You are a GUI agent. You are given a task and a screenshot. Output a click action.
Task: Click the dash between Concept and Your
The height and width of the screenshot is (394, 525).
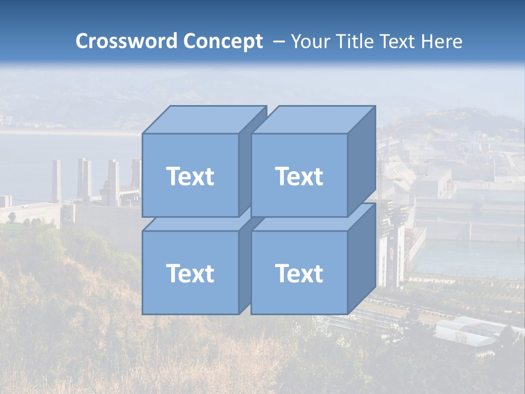point(278,42)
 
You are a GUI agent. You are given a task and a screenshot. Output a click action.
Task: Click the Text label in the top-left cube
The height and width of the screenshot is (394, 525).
point(190,176)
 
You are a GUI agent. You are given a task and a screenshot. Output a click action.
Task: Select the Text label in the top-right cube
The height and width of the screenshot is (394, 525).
point(299,176)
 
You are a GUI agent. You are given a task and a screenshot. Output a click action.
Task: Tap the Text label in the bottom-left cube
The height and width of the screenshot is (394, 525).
point(190,273)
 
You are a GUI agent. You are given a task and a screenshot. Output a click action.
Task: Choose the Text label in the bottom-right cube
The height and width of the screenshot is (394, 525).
point(299,273)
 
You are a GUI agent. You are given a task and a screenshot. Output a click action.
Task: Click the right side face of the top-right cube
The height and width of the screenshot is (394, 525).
point(361,161)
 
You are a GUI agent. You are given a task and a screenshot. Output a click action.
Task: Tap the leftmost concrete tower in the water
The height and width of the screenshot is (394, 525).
point(56,181)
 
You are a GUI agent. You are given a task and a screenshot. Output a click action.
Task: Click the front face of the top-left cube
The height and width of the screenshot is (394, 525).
point(190,197)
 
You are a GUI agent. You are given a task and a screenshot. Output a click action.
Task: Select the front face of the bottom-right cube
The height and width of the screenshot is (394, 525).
point(299,296)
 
